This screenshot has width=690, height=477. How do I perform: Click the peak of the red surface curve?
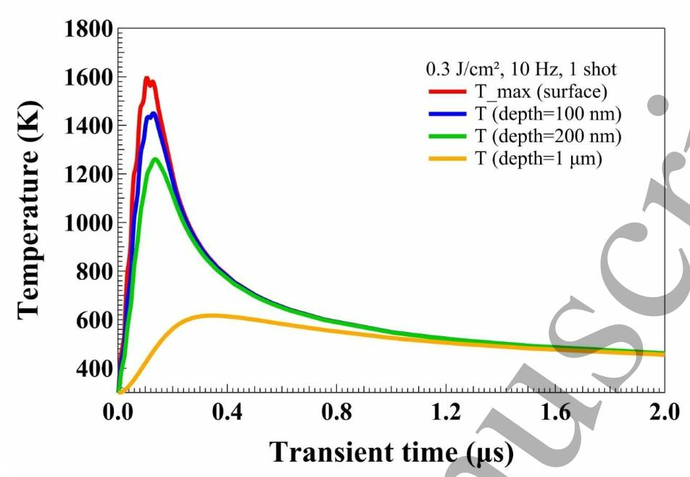click(x=146, y=78)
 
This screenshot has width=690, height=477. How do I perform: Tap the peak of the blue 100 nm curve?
click(x=152, y=114)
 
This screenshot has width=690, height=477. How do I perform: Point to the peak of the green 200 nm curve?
click(x=155, y=159)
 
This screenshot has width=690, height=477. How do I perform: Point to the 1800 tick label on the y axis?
click(x=90, y=30)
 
